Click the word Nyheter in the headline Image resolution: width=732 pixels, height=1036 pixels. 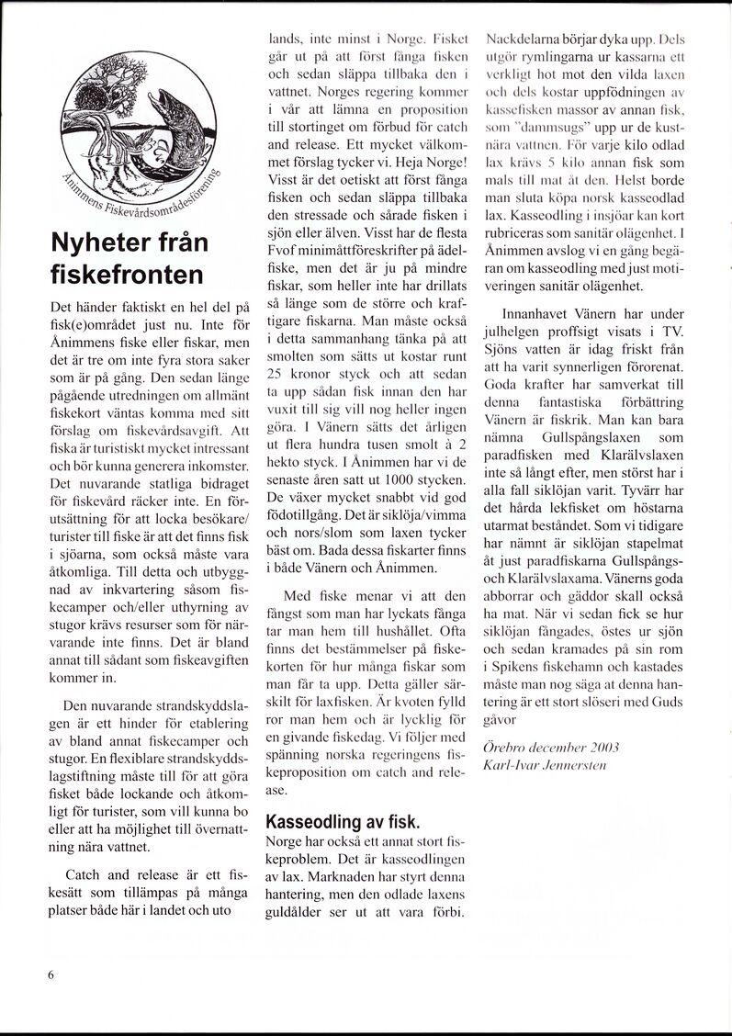click(x=96, y=244)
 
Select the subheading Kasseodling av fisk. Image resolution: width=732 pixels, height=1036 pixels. click(x=342, y=820)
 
